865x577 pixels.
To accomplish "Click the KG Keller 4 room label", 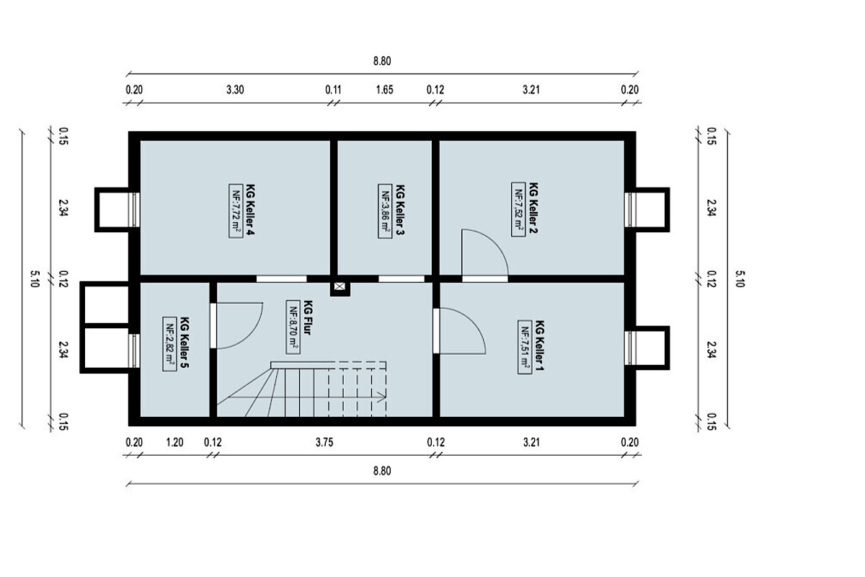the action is [x=250, y=210].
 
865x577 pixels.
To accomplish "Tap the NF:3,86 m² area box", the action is [x=385, y=211].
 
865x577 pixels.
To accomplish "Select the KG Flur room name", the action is [x=308, y=317].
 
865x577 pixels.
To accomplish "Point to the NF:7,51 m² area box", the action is [x=525, y=347].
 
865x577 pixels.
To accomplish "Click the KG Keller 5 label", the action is [x=185, y=343].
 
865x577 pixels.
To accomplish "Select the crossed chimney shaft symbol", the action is [x=340, y=286].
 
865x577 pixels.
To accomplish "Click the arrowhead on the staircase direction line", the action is [x=382, y=397].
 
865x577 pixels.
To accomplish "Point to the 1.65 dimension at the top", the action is [x=385, y=90].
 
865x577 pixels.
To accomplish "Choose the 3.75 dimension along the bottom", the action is [x=324, y=443].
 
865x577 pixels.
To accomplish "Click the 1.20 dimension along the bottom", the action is [x=174, y=443].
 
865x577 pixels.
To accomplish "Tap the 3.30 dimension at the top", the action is [x=235, y=90].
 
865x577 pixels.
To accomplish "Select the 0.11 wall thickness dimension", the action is [x=333, y=90].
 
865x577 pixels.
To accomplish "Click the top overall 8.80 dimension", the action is [x=382, y=61].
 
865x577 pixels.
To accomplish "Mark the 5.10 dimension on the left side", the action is [x=35, y=278].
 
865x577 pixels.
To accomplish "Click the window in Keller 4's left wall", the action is [x=136, y=209].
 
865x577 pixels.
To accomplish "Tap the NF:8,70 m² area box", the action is [x=293, y=327].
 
